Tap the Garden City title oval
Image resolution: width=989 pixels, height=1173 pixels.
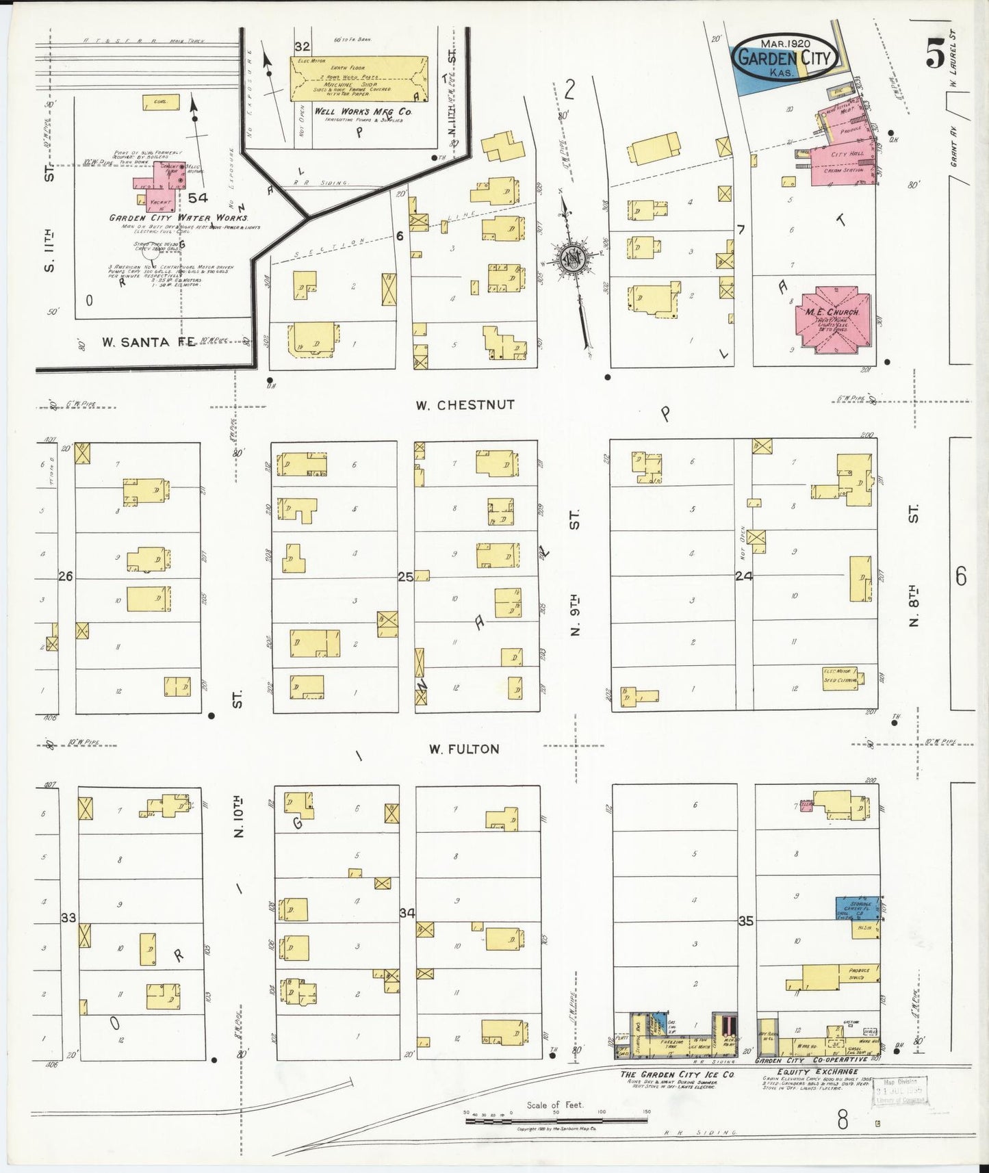[x=785, y=57]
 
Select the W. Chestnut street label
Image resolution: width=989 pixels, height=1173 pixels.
[x=465, y=405]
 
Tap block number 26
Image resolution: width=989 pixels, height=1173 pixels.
[x=65, y=576]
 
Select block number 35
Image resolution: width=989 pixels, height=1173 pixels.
[x=745, y=921]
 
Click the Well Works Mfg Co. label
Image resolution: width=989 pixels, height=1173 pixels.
[x=363, y=111]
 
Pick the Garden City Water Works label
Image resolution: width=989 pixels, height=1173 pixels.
[x=179, y=218]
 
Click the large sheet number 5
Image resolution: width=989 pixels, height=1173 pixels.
[x=935, y=53]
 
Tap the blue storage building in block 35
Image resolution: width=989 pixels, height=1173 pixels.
[x=856, y=908]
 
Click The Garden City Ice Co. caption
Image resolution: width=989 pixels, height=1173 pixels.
[x=677, y=1074]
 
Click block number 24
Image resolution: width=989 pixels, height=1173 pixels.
[x=743, y=576]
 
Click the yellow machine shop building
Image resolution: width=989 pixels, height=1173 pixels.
[x=359, y=79]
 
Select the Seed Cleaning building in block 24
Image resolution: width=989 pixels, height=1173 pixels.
[x=842, y=678]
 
